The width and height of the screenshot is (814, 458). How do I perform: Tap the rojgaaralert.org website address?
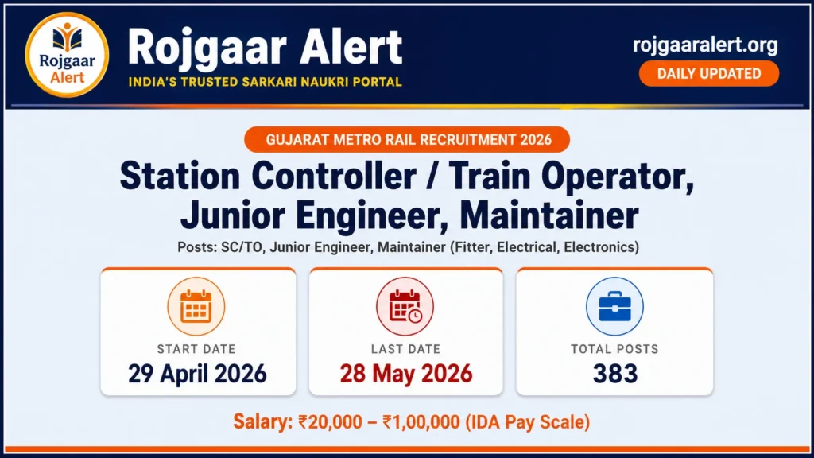[x=705, y=45]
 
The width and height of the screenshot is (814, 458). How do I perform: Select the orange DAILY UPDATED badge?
[x=709, y=74]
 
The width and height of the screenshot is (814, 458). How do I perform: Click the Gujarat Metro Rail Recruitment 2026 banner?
[x=406, y=140]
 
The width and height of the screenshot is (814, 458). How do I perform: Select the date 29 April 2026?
[x=197, y=373]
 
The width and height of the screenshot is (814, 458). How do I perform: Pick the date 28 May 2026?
[x=405, y=373]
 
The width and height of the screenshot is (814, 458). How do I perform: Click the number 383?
[x=614, y=373]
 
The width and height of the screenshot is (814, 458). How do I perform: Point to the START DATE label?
[x=196, y=348]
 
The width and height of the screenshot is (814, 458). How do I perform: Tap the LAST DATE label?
[x=405, y=348]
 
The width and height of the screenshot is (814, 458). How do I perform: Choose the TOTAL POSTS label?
[x=614, y=348]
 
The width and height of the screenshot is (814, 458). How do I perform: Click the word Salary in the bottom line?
[x=258, y=421]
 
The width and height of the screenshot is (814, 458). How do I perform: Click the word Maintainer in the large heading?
[x=549, y=215]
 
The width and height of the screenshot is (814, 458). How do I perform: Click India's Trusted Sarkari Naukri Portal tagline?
[x=265, y=82]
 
